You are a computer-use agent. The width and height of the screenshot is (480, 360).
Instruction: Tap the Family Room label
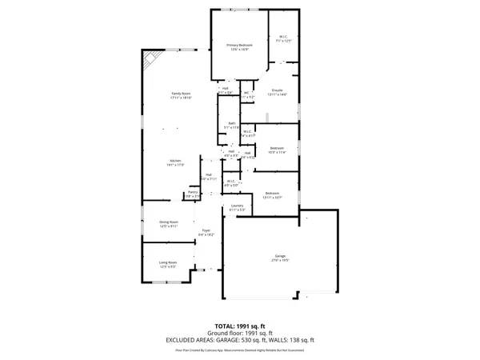[x=181, y=95]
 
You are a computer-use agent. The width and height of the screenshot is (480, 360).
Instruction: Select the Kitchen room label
[x=175, y=162]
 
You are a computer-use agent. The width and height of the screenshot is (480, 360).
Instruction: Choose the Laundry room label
[x=237, y=208]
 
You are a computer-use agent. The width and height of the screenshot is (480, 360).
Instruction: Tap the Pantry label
[x=193, y=193]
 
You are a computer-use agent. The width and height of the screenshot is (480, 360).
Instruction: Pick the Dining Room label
[x=168, y=223]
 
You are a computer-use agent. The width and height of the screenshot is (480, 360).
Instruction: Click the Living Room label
[x=167, y=263]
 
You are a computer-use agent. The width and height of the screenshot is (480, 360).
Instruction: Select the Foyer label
[x=206, y=232]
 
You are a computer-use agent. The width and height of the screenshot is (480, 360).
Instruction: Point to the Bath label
[x=230, y=125]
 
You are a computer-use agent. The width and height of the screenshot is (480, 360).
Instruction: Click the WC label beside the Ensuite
[x=247, y=94]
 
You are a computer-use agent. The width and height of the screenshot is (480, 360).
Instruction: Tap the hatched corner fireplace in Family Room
[x=150, y=61]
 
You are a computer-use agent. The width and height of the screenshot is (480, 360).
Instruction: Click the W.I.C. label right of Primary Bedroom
[x=283, y=37]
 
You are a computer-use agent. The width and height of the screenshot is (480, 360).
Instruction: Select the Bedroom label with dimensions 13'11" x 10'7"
[x=272, y=194]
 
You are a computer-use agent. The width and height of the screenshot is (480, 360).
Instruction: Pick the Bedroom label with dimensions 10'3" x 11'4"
[x=277, y=150]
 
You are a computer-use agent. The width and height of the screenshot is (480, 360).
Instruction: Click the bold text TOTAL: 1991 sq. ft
[x=239, y=326]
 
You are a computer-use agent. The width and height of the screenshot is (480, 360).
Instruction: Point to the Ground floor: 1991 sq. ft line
[x=239, y=333]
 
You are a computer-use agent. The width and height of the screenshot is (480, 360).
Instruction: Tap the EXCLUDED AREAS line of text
[x=239, y=339]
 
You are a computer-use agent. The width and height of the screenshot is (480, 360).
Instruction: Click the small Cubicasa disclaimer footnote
[x=239, y=350]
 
